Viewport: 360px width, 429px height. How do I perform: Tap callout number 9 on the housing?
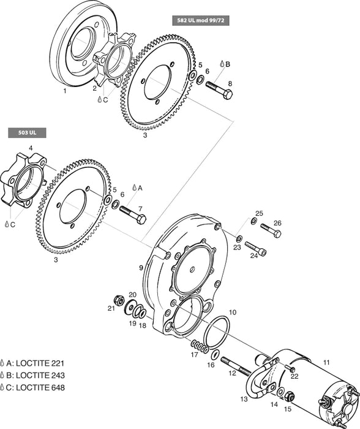(141, 267)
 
